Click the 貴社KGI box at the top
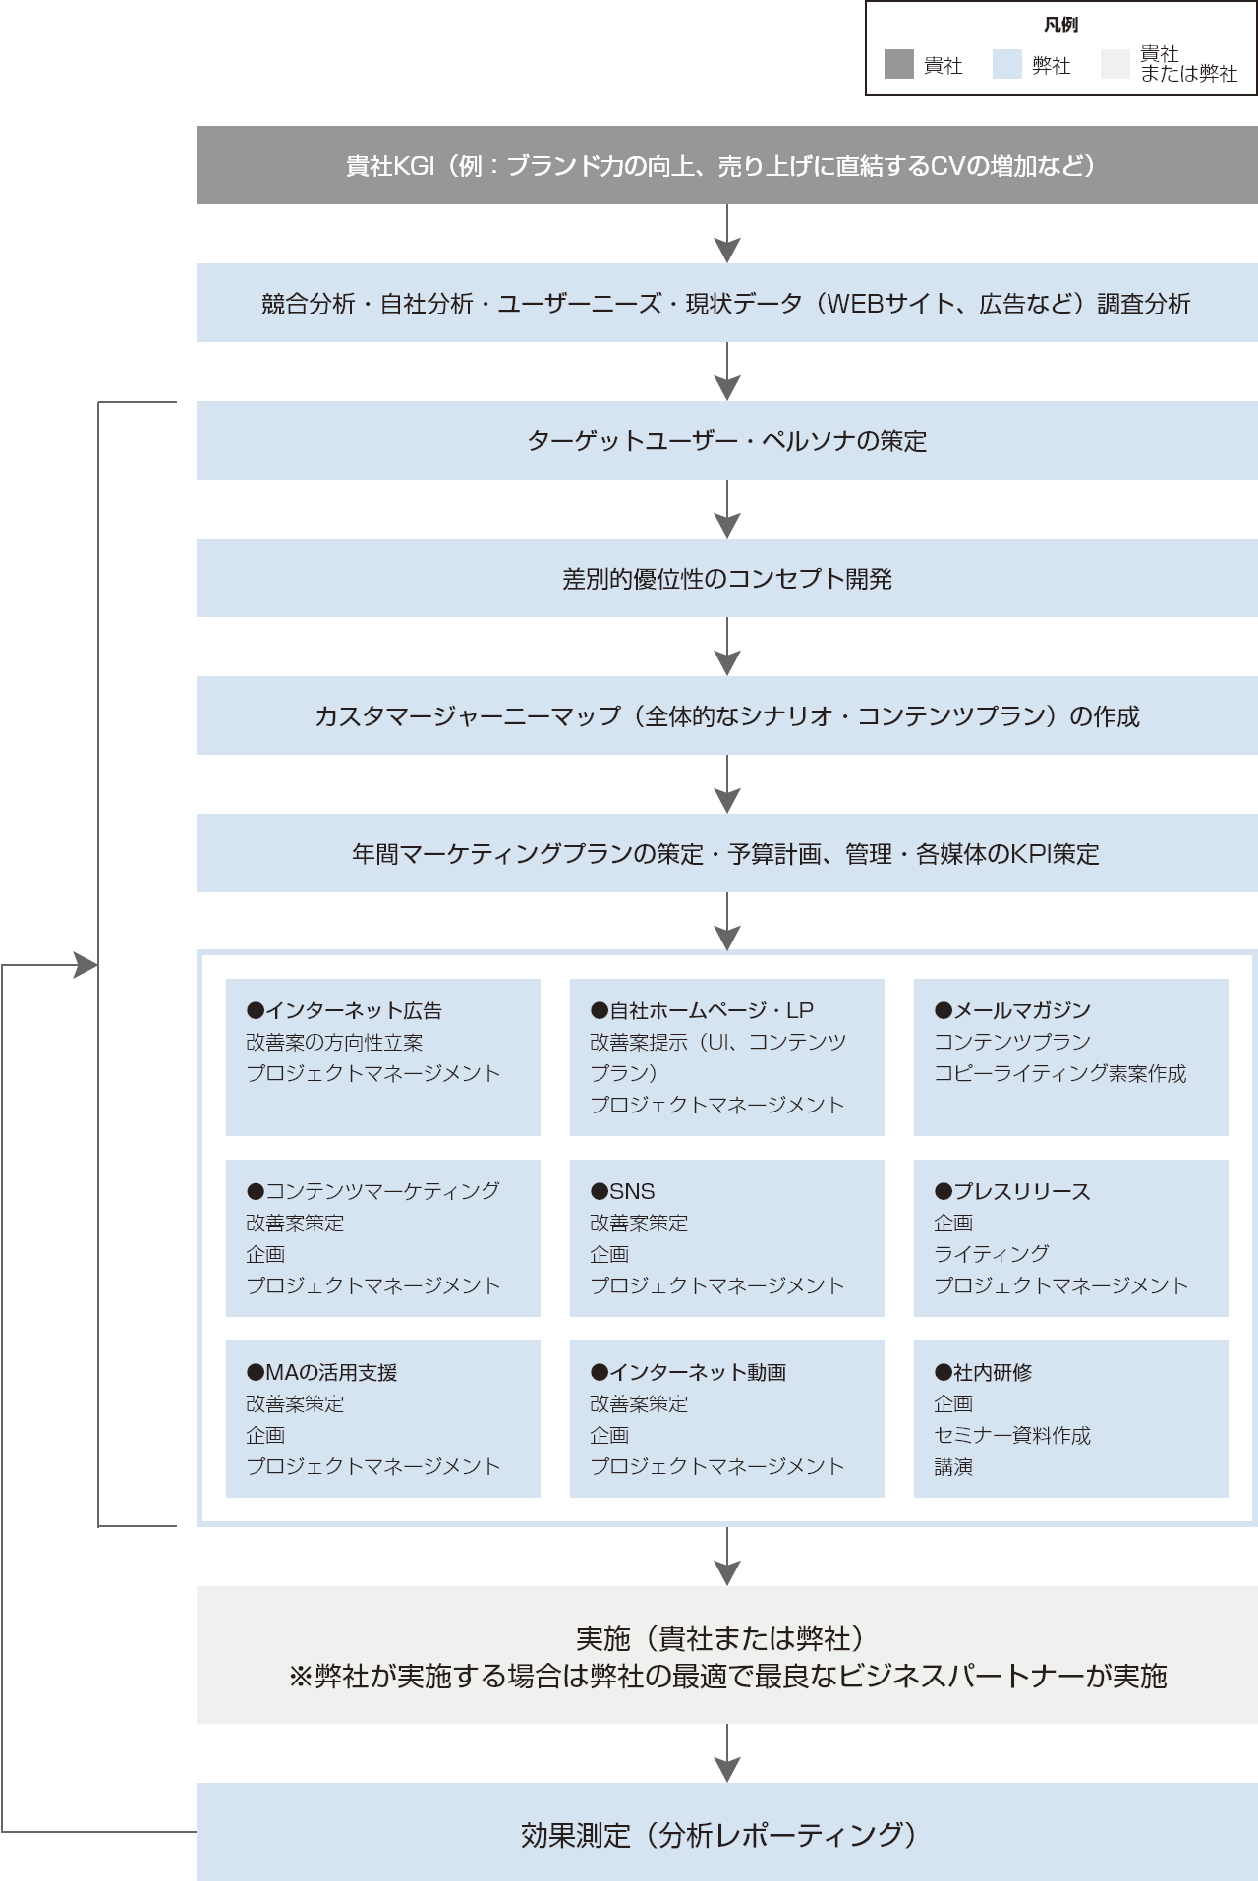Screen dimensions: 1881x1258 (x=726, y=165)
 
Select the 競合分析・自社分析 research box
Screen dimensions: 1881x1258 (x=726, y=303)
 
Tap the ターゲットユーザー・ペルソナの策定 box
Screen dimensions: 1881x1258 (x=726, y=440)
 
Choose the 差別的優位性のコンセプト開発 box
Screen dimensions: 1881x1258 (x=726, y=578)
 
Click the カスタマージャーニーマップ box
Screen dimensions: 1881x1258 (x=726, y=715)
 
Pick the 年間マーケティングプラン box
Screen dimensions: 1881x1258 (x=726, y=853)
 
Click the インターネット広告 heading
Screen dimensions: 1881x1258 (x=345, y=1010)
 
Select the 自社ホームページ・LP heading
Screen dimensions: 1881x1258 (x=702, y=1010)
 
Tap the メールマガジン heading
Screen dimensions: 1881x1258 (x=1012, y=1010)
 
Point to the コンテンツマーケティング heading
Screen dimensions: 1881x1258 (x=373, y=1191)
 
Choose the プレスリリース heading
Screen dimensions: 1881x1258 (x=1012, y=1191)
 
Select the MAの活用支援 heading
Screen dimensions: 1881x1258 (x=322, y=1372)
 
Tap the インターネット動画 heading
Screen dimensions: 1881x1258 (x=688, y=1372)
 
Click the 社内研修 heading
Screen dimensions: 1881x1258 (x=983, y=1372)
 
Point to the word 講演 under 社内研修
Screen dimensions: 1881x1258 (x=953, y=1466)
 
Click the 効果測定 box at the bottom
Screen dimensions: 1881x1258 (x=726, y=1834)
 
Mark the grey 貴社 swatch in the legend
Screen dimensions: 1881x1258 (x=898, y=65)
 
